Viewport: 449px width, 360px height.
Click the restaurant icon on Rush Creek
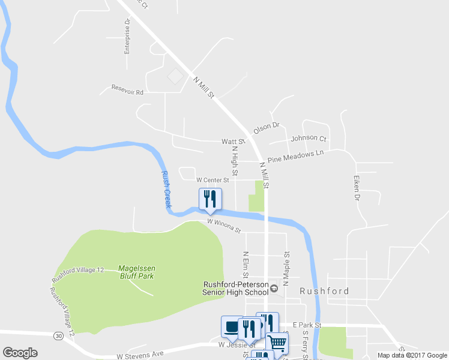click(x=210, y=199)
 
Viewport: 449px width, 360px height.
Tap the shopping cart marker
click(x=277, y=343)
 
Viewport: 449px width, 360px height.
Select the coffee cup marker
click(x=232, y=327)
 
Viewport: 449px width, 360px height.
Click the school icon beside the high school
click(x=274, y=289)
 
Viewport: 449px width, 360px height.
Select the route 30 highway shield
click(x=58, y=335)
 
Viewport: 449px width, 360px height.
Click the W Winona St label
click(x=224, y=226)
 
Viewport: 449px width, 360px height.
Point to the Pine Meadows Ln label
click(x=295, y=157)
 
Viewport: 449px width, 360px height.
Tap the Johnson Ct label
click(x=308, y=138)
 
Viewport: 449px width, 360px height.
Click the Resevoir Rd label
click(x=127, y=92)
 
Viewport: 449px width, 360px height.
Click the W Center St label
click(x=213, y=179)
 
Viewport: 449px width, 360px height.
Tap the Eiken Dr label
click(x=356, y=187)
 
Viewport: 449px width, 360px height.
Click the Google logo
click(x=20, y=353)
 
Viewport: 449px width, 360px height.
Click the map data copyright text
click(x=412, y=355)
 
